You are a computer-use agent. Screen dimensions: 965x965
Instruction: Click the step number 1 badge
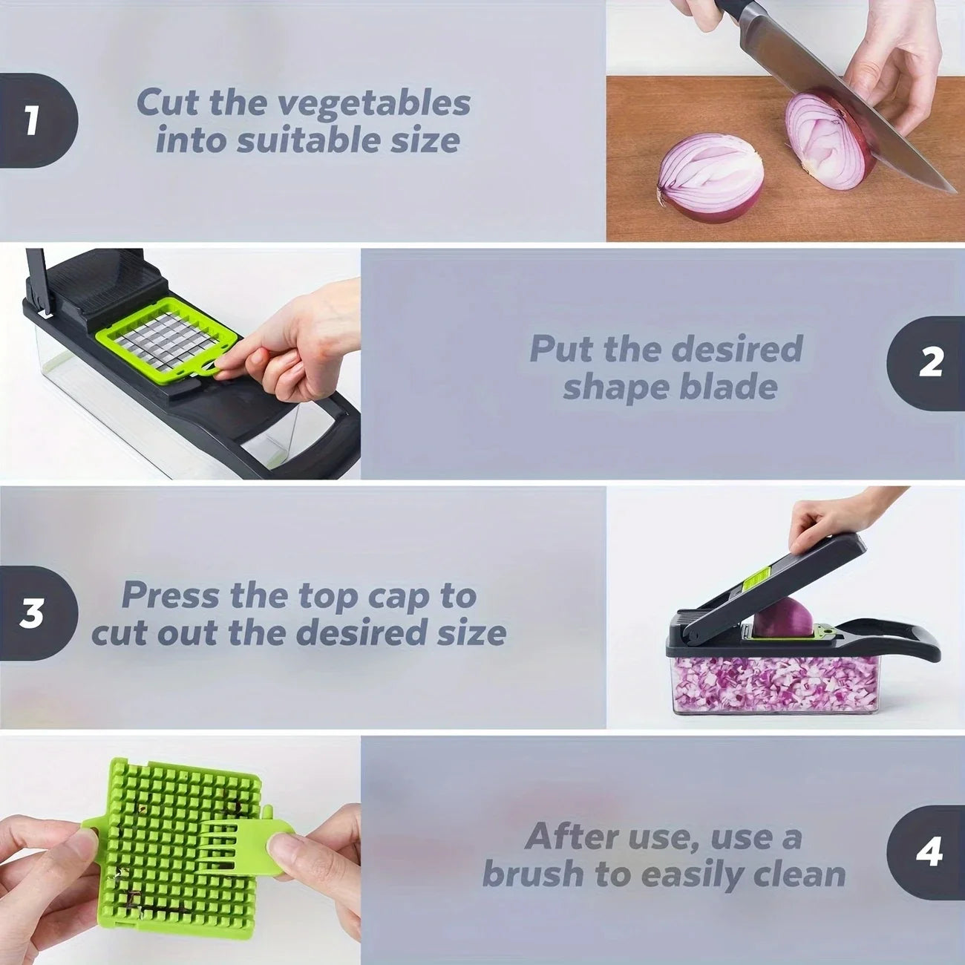tap(33, 120)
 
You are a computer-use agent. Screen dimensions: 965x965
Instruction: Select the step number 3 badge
tap(33, 613)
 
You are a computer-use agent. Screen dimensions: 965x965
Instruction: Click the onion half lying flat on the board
tap(711, 177)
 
